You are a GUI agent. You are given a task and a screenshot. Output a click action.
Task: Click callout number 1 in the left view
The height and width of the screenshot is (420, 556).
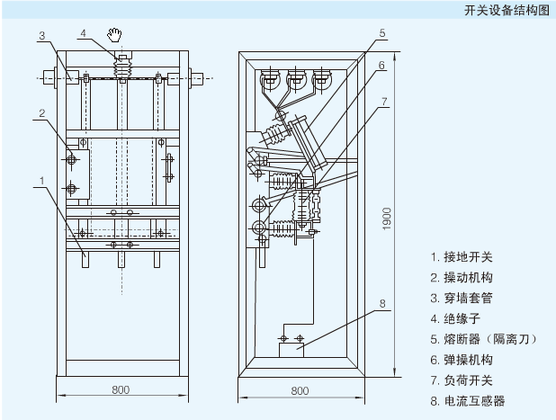(41, 181)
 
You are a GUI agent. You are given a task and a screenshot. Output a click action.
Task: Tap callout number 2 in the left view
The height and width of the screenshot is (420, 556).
(41, 113)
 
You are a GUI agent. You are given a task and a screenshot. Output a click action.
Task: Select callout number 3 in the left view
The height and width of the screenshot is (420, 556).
(41, 36)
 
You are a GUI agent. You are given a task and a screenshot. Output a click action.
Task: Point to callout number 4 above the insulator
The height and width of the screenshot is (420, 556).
(83, 33)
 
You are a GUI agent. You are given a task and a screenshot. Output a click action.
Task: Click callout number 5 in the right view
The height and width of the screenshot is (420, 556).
(382, 33)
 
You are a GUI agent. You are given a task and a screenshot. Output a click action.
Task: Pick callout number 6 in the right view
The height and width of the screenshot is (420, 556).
(382, 66)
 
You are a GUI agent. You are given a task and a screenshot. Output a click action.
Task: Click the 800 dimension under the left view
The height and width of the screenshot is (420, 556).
(121, 389)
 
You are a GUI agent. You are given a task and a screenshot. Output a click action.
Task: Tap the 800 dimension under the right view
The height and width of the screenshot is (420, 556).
(300, 390)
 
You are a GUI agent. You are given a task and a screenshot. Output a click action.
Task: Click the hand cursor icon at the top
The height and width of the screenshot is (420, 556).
(114, 35)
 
